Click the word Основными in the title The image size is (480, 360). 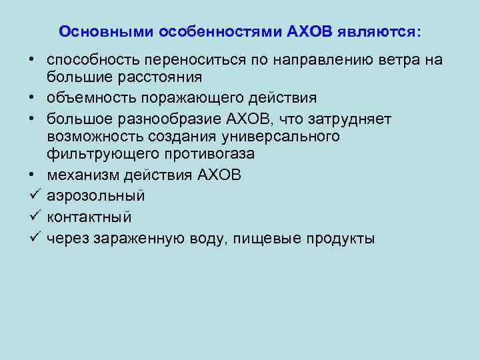(97, 31)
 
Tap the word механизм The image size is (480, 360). (78, 176)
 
